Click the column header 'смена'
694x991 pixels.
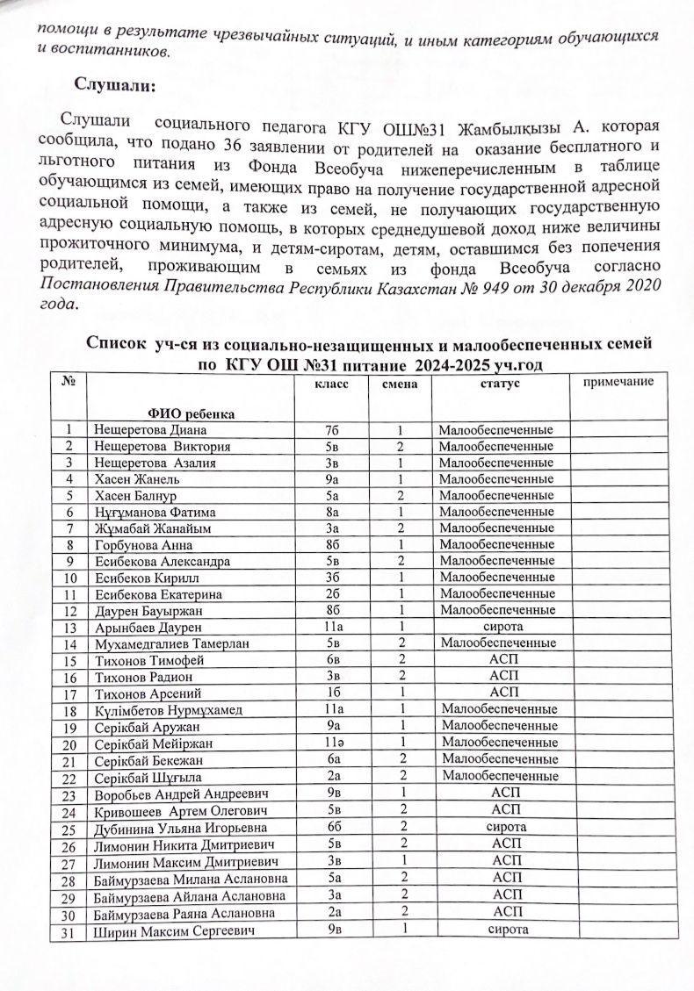[x=399, y=384]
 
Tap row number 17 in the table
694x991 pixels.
[x=71, y=693]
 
